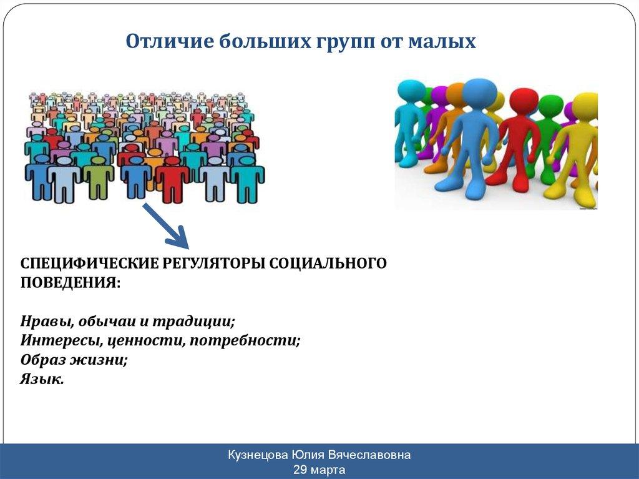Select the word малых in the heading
click(x=442, y=42)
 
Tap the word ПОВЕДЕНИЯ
click(x=71, y=282)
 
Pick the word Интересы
click(x=61, y=340)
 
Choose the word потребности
click(x=245, y=341)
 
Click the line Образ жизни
click(x=74, y=360)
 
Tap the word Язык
click(x=42, y=380)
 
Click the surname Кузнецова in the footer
click(x=258, y=455)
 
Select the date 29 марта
click(x=319, y=470)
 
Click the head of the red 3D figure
click(x=524, y=103)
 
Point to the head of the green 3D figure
click(x=551, y=106)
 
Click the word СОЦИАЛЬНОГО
click(x=328, y=263)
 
